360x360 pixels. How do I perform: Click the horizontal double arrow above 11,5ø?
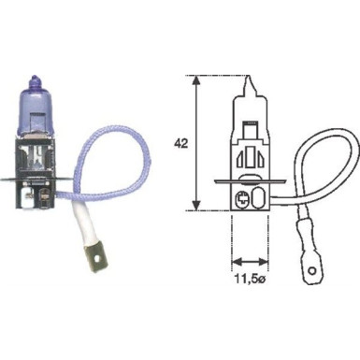[245, 262]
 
